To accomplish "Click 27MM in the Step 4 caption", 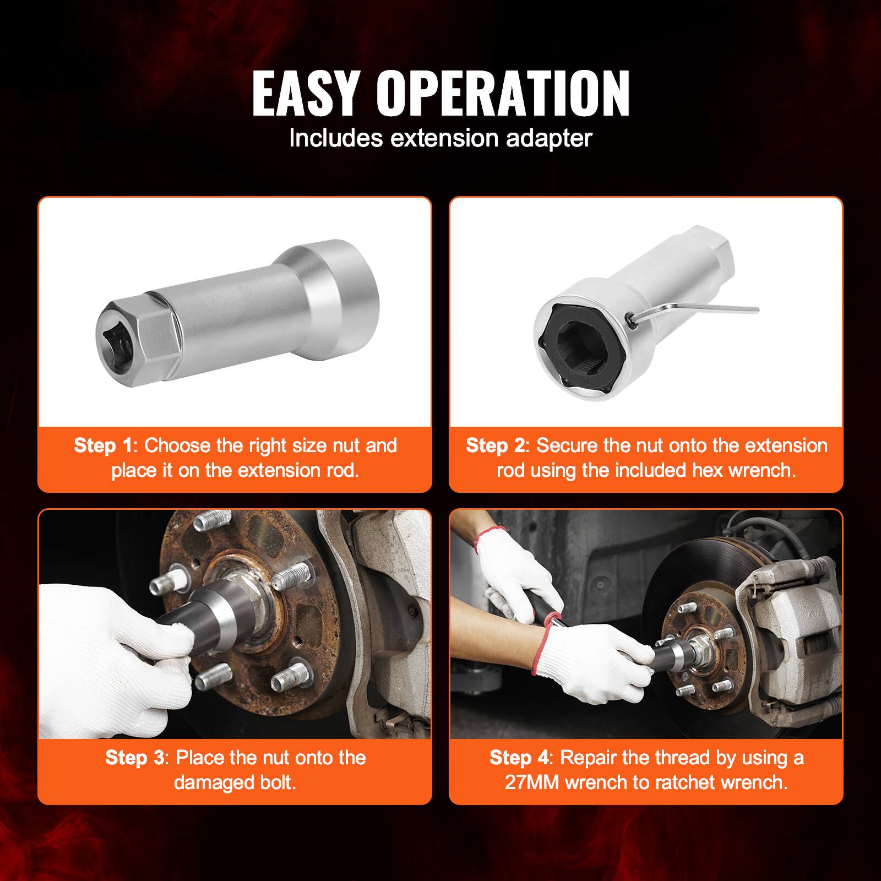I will [x=532, y=782].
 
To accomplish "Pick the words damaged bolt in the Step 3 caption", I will [x=235, y=782].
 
